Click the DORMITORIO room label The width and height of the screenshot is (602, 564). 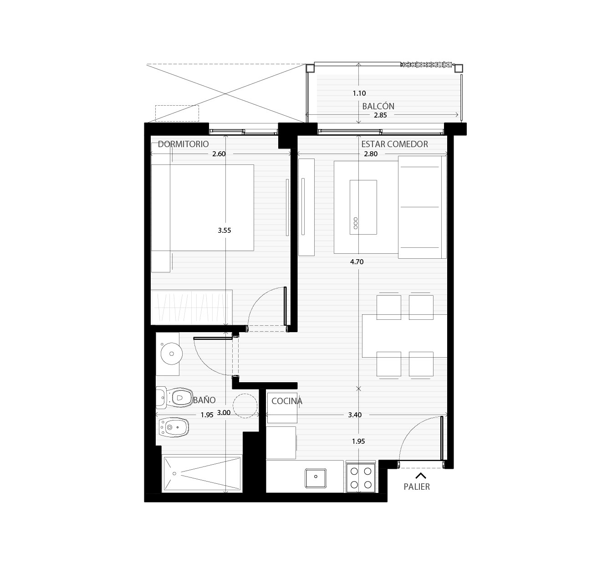point(183,144)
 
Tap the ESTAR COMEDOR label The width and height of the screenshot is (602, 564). point(394,144)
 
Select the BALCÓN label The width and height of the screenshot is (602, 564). point(378,106)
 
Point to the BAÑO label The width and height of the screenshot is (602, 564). point(204,400)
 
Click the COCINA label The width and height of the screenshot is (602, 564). point(287,401)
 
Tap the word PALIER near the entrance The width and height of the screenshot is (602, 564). point(417,487)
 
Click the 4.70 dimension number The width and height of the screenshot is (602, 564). point(357,262)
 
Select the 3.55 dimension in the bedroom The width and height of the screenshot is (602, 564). point(224,230)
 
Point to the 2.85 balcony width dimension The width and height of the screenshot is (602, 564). point(380,115)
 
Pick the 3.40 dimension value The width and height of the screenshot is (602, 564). point(355,415)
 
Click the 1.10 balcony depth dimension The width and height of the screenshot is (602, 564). point(359,93)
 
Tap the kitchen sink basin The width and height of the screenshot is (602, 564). point(316,478)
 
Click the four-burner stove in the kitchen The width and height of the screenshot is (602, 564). point(361,478)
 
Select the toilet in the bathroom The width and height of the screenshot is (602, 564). point(174,397)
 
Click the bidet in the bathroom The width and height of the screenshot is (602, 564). point(173,427)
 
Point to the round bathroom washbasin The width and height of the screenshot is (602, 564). point(171,354)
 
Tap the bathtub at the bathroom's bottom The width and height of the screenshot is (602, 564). point(202,474)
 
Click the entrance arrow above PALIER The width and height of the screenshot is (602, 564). point(420,476)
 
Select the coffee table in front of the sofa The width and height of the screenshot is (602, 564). point(363,207)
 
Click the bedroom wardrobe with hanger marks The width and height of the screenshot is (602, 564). point(192,308)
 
